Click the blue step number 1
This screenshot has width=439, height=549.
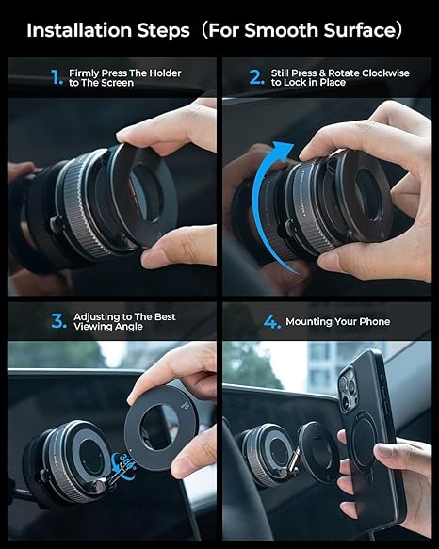click(x=57, y=77)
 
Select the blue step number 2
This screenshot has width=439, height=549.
click(x=254, y=77)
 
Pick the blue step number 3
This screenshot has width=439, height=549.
click(x=58, y=321)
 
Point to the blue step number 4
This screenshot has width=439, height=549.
click(x=271, y=322)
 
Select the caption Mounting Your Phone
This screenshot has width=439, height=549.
click(x=337, y=322)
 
